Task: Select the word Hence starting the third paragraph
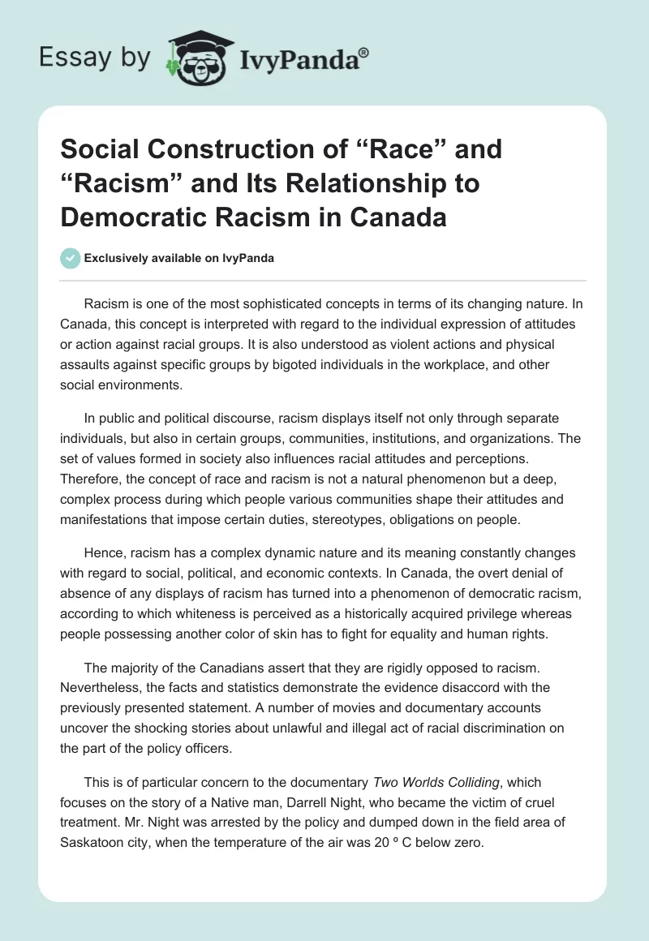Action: click(104, 552)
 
